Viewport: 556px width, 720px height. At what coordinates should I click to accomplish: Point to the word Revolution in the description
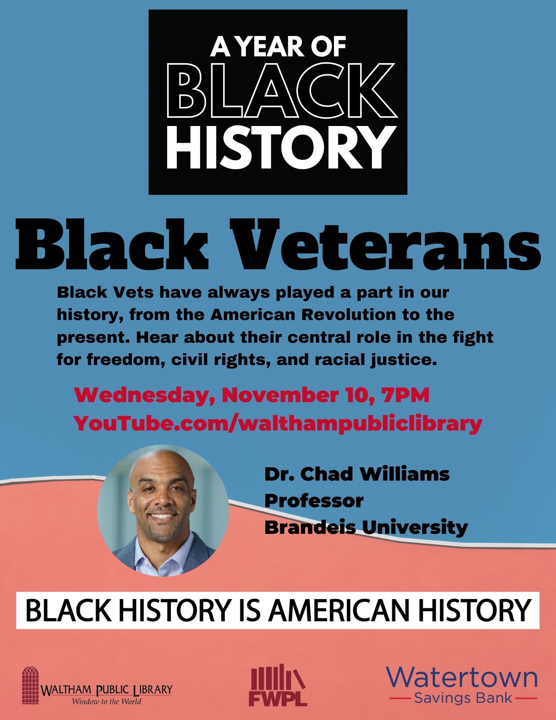pyautogui.click(x=348, y=315)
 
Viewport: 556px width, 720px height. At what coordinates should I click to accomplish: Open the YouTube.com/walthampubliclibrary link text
pyautogui.click(x=278, y=424)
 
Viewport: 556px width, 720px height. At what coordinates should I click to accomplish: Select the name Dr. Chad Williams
pyautogui.click(x=357, y=474)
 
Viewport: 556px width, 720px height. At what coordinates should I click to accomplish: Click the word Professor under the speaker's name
pyautogui.click(x=314, y=500)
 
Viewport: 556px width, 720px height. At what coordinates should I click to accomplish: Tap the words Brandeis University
pyautogui.click(x=366, y=528)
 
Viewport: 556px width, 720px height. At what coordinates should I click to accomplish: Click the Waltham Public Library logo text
pyautogui.click(x=107, y=689)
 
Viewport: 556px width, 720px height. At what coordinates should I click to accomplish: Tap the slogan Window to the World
pyautogui.click(x=107, y=701)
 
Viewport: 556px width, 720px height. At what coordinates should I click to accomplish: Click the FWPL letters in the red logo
pyautogui.click(x=278, y=698)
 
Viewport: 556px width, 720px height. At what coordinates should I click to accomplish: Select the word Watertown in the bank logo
pyautogui.click(x=462, y=678)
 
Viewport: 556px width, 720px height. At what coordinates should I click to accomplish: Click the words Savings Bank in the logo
pyautogui.click(x=463, y=698)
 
